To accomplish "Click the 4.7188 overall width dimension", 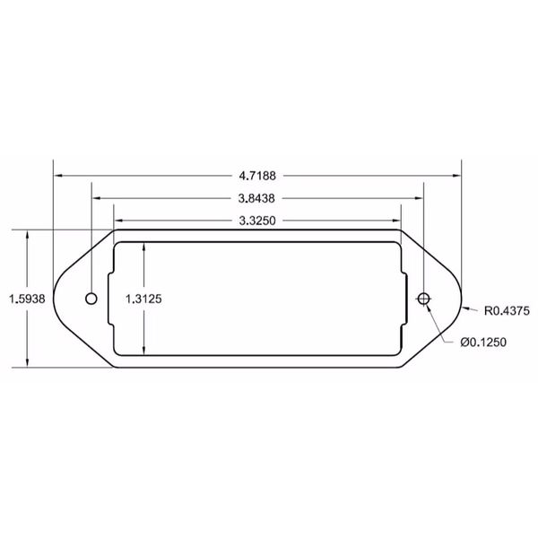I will (x=257, y=176).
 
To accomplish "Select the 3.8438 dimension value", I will (x=257, y=198).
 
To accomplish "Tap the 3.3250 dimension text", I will (x=257, y=220).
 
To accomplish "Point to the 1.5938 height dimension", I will (x=22, y=299).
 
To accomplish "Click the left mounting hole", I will (x=91, y=298).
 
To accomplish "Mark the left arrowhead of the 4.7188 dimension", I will (x=57, y=176).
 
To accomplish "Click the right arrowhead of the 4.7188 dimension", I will (x=457, y=176).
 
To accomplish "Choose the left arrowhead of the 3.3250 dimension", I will (x=117, y=220).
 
